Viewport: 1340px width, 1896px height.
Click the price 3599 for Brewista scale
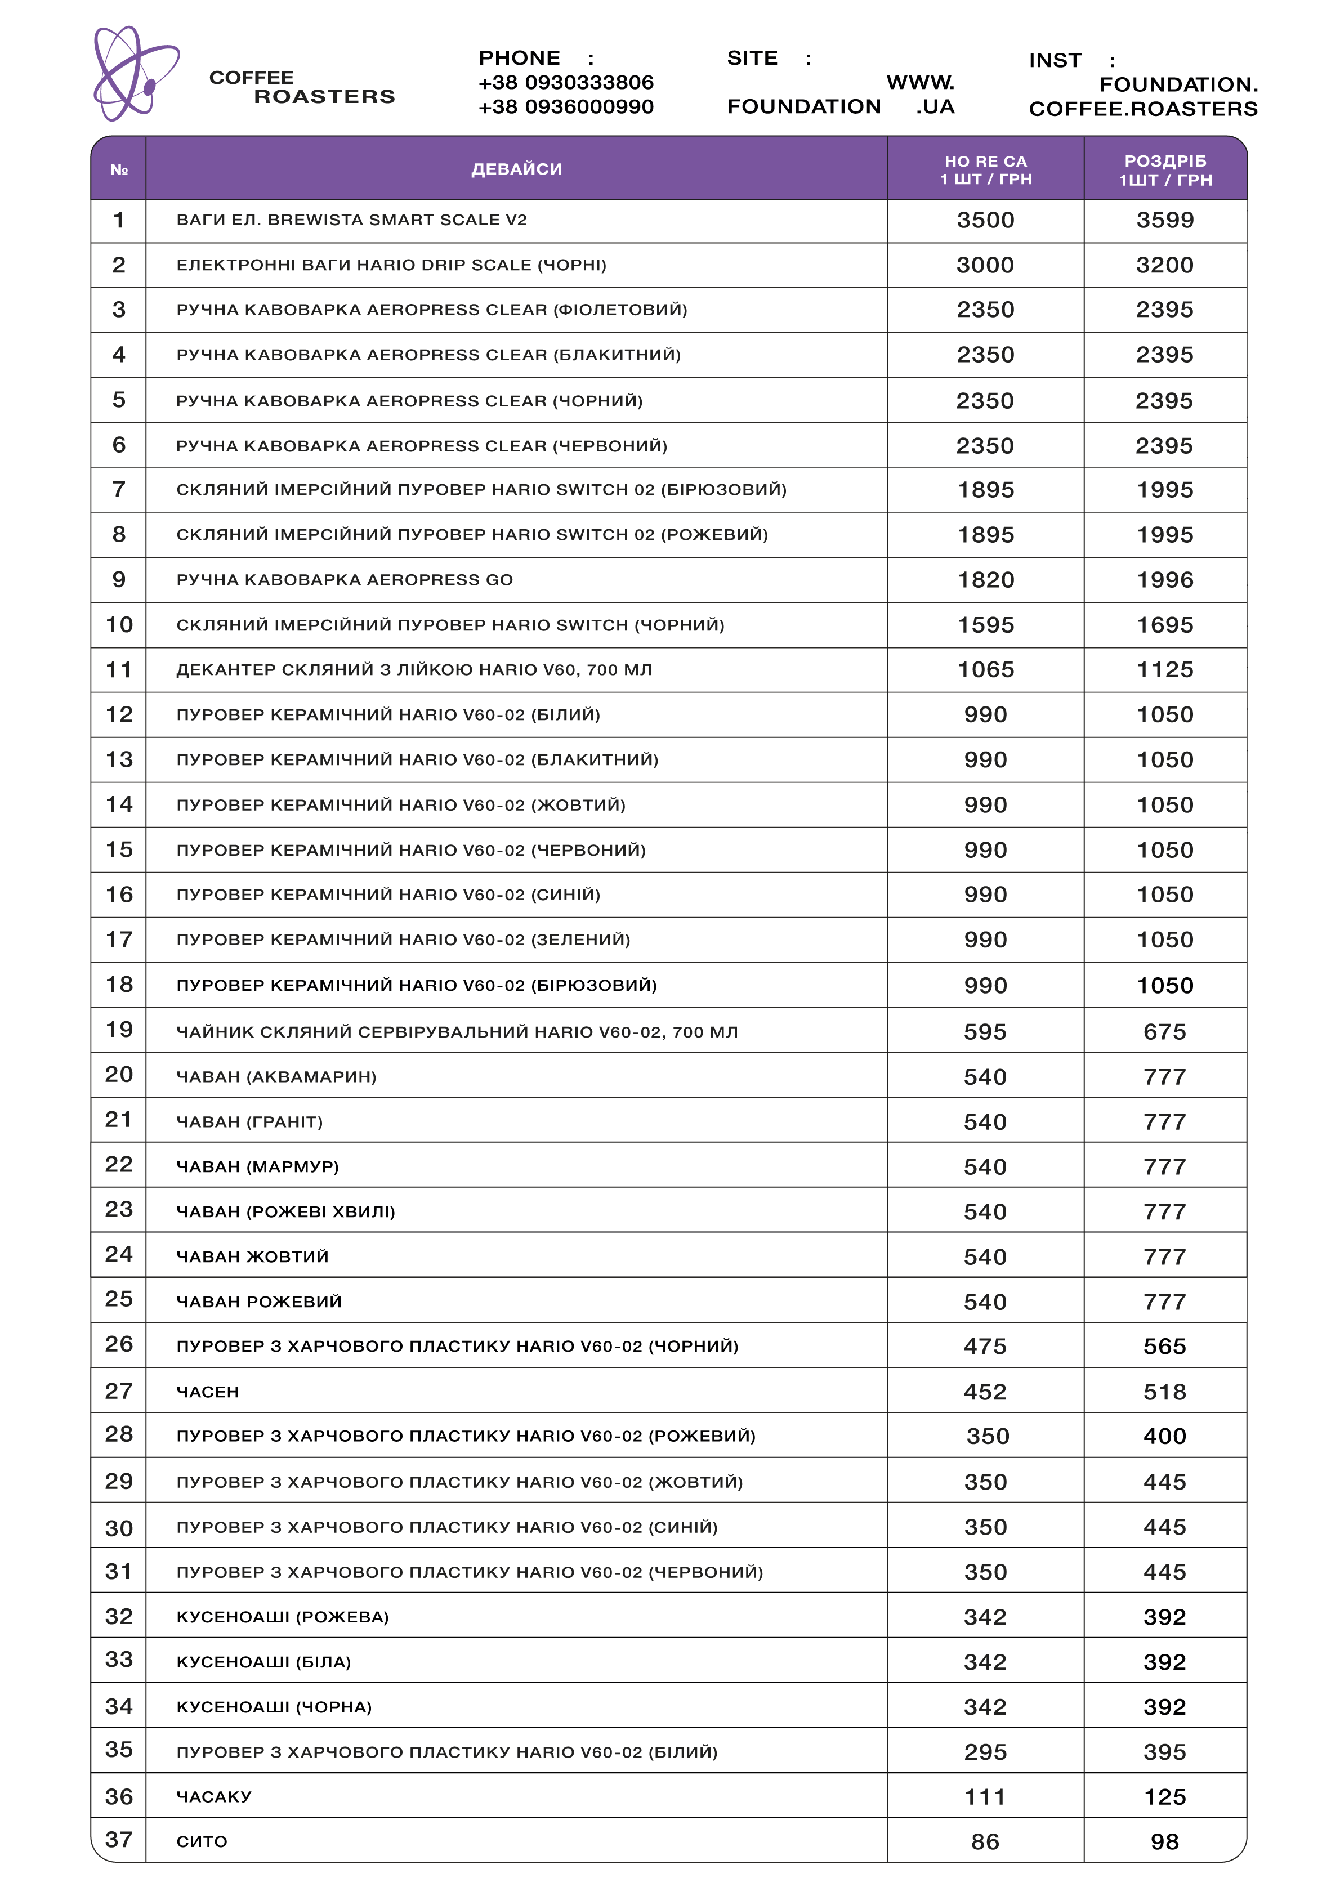(1165, 221)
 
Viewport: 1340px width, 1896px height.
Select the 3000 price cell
(986, 266)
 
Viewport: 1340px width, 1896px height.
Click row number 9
(119, 580)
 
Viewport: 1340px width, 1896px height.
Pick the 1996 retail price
(1165, 580)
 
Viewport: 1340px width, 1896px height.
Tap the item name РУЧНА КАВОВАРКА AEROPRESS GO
(345, 580)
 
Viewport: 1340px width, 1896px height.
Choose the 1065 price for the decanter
(986, 670)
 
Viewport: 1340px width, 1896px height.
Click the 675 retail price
(1165, 1031)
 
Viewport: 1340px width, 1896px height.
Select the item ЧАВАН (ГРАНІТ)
(249, 1121)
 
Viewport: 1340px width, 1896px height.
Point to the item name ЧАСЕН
(207, 1392)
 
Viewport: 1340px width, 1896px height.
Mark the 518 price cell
(1165, 1392)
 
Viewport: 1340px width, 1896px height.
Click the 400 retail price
(1165, 1436)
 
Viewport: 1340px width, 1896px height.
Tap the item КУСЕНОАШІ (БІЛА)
(263, 1661)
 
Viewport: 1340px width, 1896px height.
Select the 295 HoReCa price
(986, 1751)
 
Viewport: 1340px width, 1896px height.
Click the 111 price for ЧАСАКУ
(986, 1797)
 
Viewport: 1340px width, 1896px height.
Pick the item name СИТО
(202, 1841)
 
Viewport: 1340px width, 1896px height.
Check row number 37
(119, 1840)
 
